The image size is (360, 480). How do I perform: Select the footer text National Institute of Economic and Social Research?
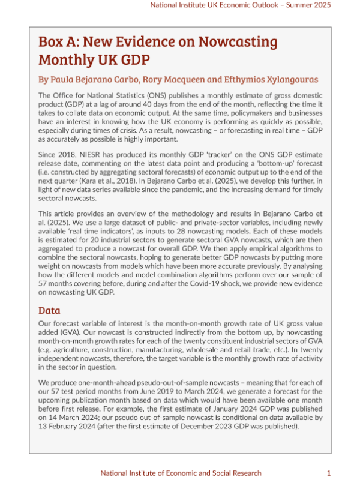click(x=182, y=473)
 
